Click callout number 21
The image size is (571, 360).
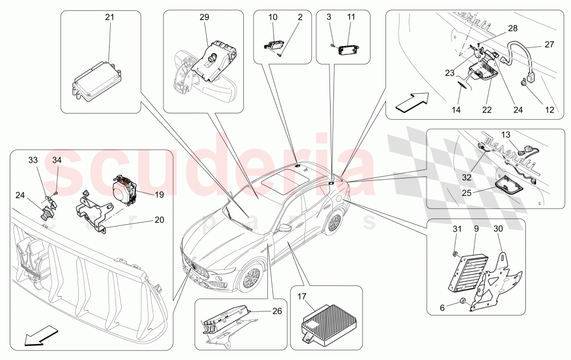pyautogui.click(x=109, y=18)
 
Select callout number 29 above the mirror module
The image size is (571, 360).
pyautogui.click(x=204, y=18)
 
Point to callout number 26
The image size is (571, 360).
pyautogui.click(x=278, y=311)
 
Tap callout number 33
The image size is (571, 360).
pyautogui.click(x=33, y=160)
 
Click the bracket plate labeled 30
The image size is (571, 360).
pyautogui.click(x=495, y=280)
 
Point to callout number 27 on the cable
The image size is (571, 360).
pyautogui.click(x=549, y=44)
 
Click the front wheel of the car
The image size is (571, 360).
pyautogui.click(x=250, y=278)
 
